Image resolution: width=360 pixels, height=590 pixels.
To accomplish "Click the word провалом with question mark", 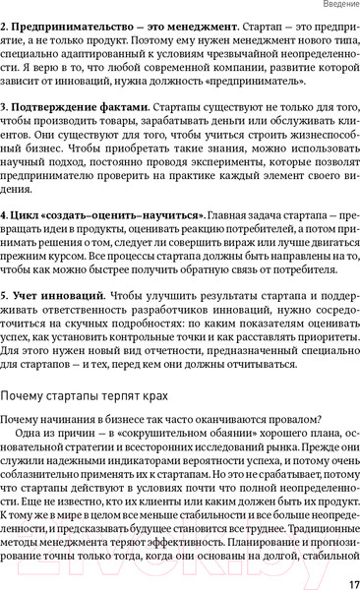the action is pos(303,421).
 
